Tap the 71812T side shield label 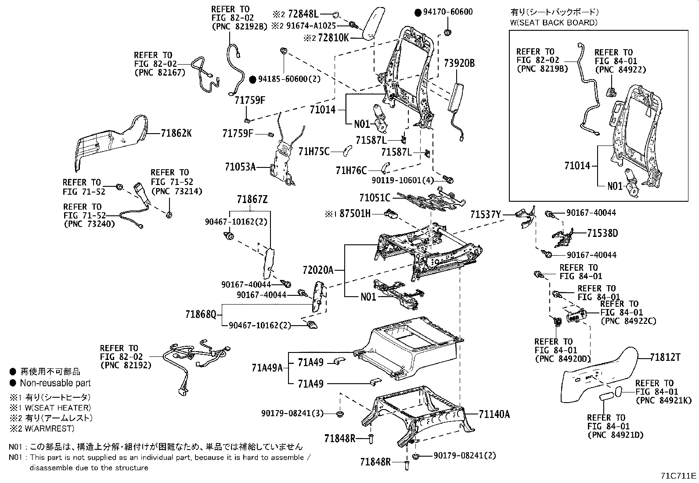pos(665,358)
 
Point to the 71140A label pos(494,414)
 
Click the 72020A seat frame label pos(318,269)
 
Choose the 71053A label pos(240,167)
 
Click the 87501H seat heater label pos(354,214)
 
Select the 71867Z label pos(252,200)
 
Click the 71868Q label pos(201,315)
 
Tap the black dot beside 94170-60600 pos(418,12)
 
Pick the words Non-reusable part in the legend pos(55,383)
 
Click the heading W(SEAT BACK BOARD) pos(554,22)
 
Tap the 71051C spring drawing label pos(375,198)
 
